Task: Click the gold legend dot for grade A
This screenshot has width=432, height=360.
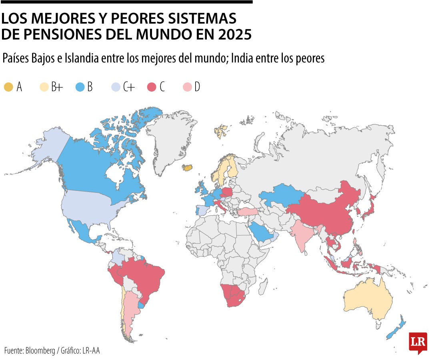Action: pos(8,87)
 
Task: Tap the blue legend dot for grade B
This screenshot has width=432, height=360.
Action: pos(80,87)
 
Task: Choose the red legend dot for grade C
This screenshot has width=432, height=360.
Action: pos(152,87)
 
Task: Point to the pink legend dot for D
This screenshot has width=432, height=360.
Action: pos(187,87)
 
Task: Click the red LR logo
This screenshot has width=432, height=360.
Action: pos(418,342)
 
